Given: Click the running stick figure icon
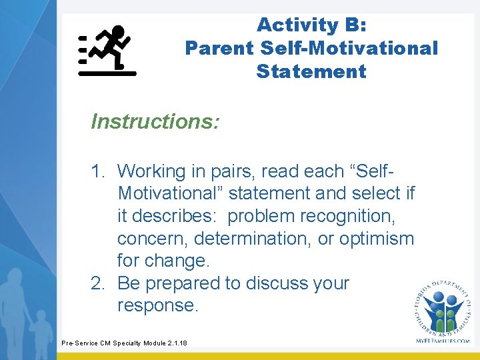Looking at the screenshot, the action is [107, 51].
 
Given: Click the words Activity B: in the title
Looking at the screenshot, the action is [311, 25].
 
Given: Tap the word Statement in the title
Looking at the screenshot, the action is [311, 71].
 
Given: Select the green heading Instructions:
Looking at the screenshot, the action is [155, 121].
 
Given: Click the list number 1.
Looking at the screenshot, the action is [97, 171].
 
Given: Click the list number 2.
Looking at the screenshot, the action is [97, 283].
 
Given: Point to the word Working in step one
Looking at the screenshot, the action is [151, 172].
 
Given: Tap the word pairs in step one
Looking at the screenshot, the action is [233, 172].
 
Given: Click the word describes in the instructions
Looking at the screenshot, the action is [173, 215].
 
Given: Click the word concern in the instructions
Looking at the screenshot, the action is [152, 239].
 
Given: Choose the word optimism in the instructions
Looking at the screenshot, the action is [377, 239].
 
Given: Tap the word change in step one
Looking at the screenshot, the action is [177, 261].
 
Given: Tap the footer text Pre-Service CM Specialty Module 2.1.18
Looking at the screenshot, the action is [124, 343].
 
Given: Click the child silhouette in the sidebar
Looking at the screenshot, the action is [42, 334].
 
